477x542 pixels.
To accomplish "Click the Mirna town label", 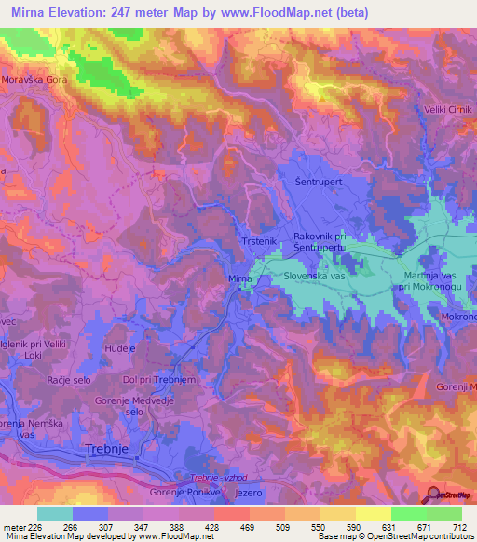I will point(240,278).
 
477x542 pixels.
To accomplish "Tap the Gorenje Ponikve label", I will point(180,492).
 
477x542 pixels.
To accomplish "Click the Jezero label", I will point(242,492).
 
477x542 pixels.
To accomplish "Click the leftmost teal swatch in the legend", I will point(55,513).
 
